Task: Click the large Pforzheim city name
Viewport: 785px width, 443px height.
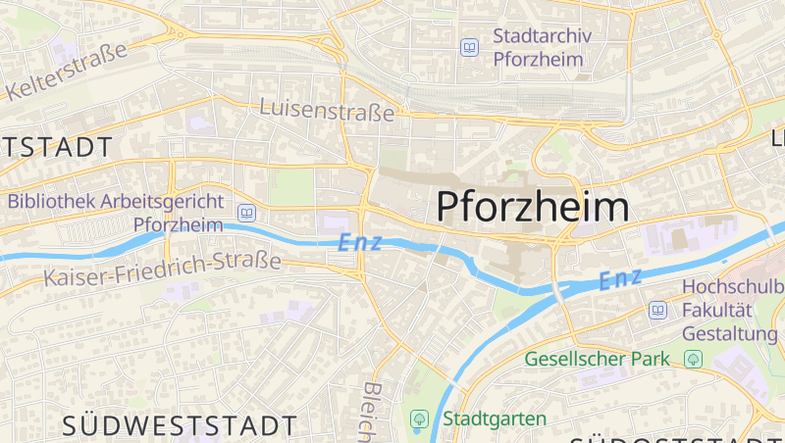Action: coord(532,207)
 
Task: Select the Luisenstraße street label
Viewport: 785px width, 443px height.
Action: coord(327,111)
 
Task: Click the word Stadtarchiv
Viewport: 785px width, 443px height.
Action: coord(542,37)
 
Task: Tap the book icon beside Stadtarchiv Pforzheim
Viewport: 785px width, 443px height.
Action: coord(470,47)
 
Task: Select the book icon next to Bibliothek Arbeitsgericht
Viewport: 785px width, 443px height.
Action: coord(246,213)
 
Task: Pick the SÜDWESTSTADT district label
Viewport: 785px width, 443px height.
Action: coord(180,425)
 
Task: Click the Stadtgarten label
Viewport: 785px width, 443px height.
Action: coord(496,419)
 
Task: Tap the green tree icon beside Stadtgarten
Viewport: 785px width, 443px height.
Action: coord(419,419)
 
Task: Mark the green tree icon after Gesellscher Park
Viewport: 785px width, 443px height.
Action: coord(694,359)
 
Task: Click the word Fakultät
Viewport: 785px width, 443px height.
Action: coord(716,311)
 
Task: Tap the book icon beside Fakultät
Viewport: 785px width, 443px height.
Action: coord(657,311)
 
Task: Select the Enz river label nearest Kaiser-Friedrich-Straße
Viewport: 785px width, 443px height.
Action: coord(358,242)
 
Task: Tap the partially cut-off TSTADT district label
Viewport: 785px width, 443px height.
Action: coord(56,148)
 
